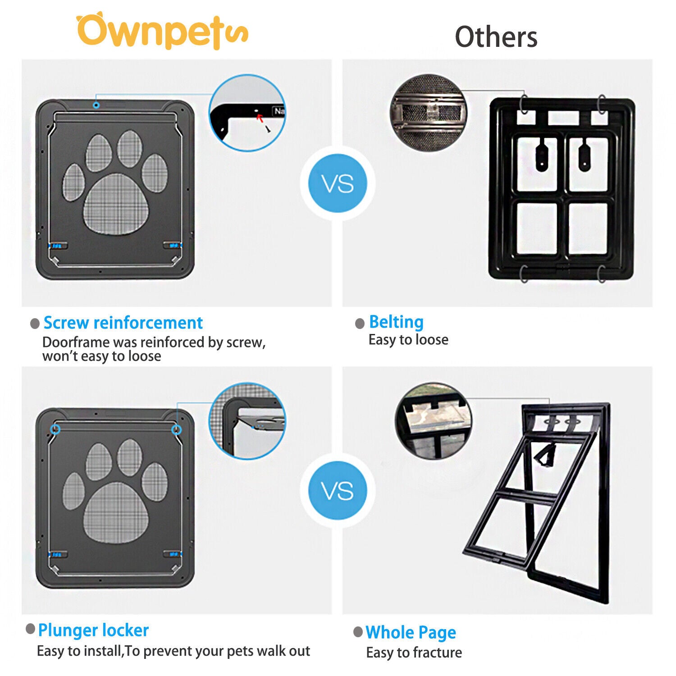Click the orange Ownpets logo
[162, 32]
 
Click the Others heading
[496, 37]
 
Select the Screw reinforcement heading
[123, 323]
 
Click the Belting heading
[396, 322]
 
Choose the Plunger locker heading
[93, 630]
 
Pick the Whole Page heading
[411, 632]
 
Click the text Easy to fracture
[414, 653]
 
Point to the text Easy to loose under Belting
[408, 340]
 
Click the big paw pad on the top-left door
[116, 204]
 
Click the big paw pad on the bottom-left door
[116, 512]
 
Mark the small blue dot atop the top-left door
[96, 105]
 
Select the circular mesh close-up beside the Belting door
[428, 113]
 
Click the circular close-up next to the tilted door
[434, 421]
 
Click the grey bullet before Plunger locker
[31, 629]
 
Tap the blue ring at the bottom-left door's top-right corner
[177, 429]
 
